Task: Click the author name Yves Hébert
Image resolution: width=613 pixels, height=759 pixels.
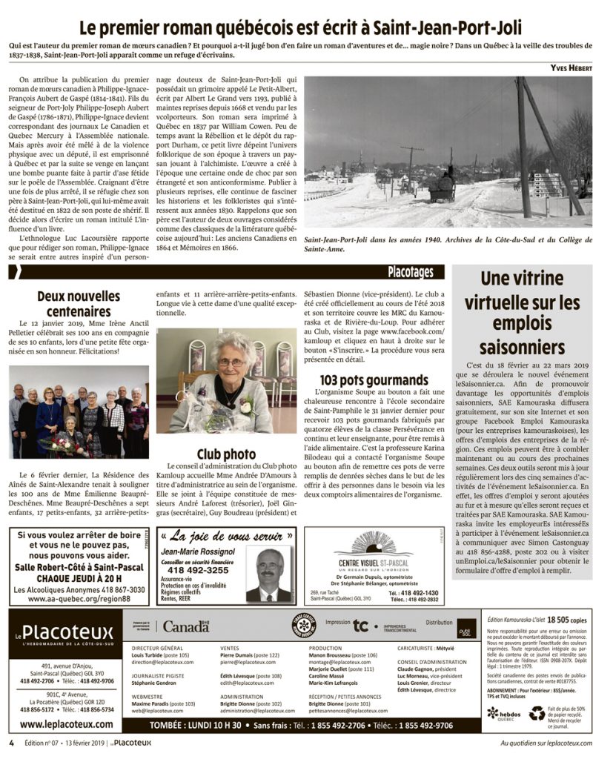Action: (x=571, y=68)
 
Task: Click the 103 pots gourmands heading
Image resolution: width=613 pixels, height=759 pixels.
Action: (x=368, y=380)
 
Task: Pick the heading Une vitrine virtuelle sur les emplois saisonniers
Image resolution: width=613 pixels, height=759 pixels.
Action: (x=522, y=313)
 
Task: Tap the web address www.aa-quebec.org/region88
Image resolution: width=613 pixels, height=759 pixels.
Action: (x=79, y=598)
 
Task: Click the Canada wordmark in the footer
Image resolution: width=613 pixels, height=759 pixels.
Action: (x=185, y=626)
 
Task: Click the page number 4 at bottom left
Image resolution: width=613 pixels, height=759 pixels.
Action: (x=11, y=743)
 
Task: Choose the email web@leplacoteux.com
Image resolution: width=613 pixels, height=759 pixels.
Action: (x=157, y=710)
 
